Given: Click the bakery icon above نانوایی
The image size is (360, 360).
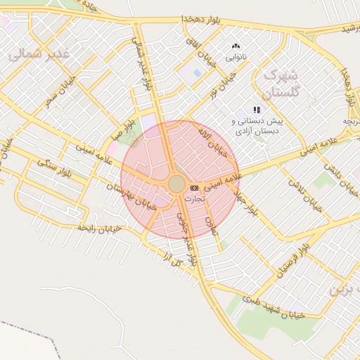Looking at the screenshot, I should coord(236,46).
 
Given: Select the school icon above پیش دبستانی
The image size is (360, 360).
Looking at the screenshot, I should coord(257,110).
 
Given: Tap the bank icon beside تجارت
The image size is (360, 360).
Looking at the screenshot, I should coord(194,188).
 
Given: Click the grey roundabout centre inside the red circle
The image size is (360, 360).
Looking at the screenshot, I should coord(176,184).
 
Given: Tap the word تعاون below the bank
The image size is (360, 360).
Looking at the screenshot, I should coord(210,225).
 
